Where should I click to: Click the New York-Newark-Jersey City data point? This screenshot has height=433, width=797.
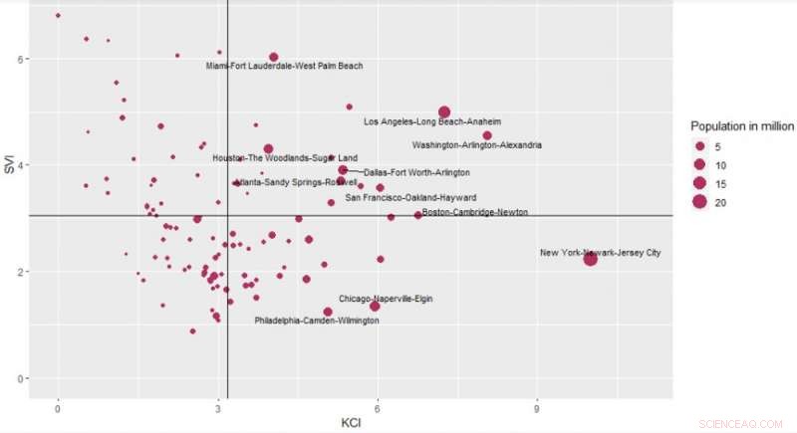click(590, 259)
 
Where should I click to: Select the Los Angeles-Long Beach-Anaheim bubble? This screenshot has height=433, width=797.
click(444, 112)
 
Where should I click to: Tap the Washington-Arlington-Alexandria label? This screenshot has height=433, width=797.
click(477, 145)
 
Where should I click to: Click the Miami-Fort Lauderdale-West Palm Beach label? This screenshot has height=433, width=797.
click(284, 67)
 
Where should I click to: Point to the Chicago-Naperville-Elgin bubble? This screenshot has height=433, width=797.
click(375, 306)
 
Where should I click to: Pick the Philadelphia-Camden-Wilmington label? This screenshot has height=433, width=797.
click(316, 322)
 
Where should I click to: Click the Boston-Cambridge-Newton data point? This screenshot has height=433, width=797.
click(418, 215)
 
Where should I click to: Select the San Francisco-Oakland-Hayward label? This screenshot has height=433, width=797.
click(410, 198)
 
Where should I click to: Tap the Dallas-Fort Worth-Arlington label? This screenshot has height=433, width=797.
click(416, 173)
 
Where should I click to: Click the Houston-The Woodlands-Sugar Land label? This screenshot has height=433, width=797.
click(285, 158)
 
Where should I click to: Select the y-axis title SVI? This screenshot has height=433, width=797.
click(9, 166)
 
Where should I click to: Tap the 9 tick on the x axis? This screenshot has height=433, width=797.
click(538, 407)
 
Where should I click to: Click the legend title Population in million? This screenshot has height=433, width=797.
click(741, 126)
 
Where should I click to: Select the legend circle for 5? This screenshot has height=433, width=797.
click(700, 147)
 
